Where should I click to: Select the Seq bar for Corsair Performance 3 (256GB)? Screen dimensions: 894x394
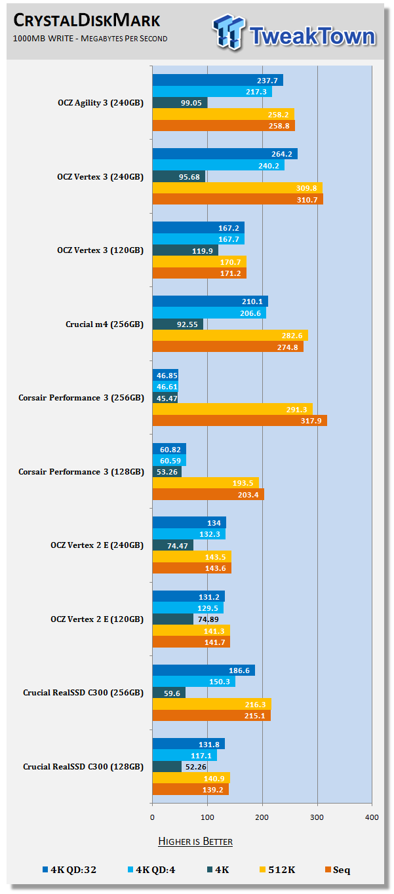[x=239, y=421]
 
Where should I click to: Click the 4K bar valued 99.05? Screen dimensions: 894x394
[x=180, y=103]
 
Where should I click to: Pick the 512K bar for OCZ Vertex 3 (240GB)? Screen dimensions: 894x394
[x=237, y=188]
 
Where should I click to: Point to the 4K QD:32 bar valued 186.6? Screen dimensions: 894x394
[x=203, y=670]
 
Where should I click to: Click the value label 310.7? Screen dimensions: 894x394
[x=306, y=199]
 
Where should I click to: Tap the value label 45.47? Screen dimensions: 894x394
[x=167, y=398]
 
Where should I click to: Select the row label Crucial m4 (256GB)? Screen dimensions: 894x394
[x=104, y=324]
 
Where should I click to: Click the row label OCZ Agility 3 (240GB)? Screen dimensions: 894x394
[x=100, y=102]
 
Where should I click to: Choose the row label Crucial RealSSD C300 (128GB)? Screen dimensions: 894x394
[x=83, y=766]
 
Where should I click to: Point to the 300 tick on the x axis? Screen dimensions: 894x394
[x=317, y=817]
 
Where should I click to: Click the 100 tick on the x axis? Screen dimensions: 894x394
[x=207, y=817]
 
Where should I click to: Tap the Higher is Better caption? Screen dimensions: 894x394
[x=195, y=841]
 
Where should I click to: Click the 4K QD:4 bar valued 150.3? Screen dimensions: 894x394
[x=193, y=682]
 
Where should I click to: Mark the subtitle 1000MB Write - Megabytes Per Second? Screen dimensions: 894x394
[x=90, y=38]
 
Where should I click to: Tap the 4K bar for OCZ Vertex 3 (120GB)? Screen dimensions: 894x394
[x=185, y=250]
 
